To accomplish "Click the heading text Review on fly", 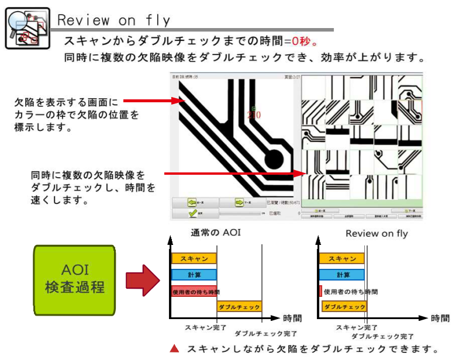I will [114, 20].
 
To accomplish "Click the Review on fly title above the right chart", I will [376, 233].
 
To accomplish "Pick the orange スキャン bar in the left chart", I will [194, 258].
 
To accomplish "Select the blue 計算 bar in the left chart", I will [194, 274].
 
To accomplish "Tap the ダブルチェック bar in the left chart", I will [239, 306].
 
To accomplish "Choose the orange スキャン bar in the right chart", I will [342, 258].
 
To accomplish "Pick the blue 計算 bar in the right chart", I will [342, 274].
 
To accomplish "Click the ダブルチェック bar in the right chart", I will [343, 306].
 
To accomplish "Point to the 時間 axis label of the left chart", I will [292, 319].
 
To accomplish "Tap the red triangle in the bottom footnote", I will [174, 349].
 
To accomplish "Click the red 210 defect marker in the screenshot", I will [254, 115].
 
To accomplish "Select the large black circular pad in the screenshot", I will [274, 160].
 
